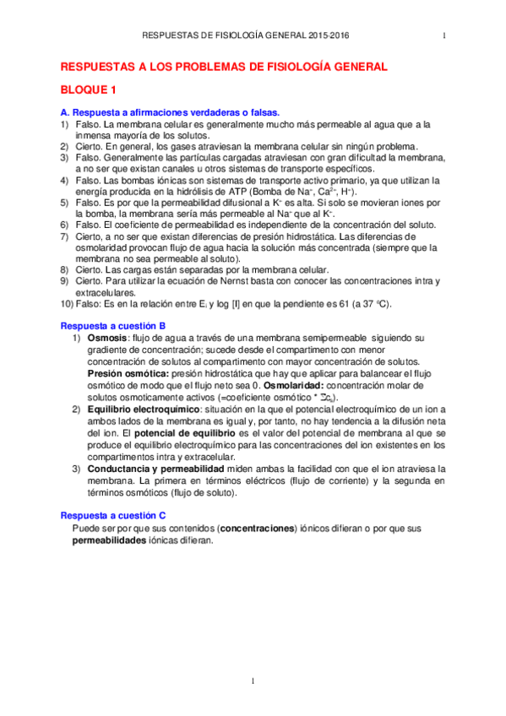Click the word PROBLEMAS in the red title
(x=206, y=66)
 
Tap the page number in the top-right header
(x=444, y=35)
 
